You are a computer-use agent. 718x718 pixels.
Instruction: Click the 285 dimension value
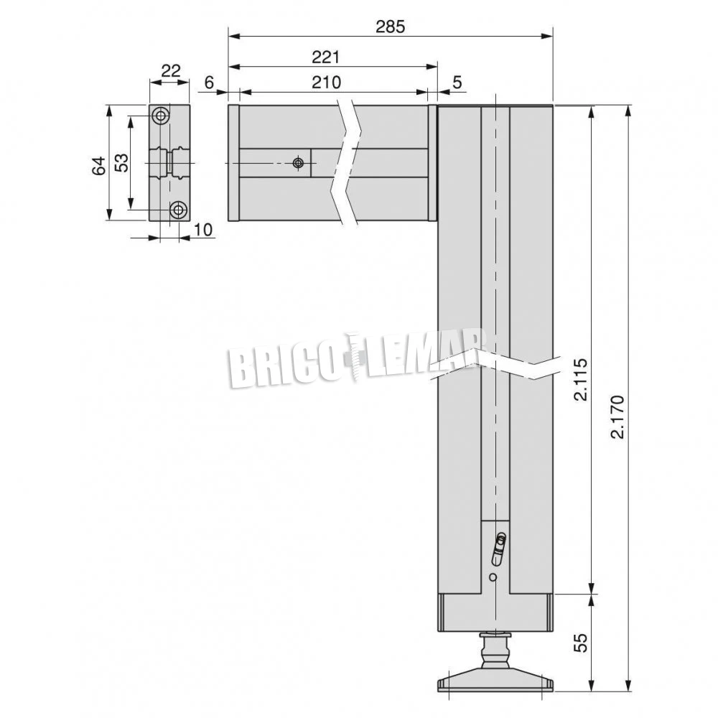pos(390,27)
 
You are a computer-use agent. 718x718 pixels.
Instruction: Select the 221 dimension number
pos(326,57)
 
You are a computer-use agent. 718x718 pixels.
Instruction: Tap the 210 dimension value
pos(327,82)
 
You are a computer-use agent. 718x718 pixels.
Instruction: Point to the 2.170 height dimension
pos(617,416)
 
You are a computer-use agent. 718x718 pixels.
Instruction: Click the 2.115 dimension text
pos(580,380)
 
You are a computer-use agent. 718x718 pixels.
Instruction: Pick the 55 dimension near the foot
pos(580,643)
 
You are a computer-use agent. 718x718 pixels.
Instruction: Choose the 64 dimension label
pos(98,165)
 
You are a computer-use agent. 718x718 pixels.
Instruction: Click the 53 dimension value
pos(121,162)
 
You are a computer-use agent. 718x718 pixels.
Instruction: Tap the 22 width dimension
pos(172,71)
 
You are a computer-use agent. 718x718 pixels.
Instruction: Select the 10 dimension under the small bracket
pos(203,230)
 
